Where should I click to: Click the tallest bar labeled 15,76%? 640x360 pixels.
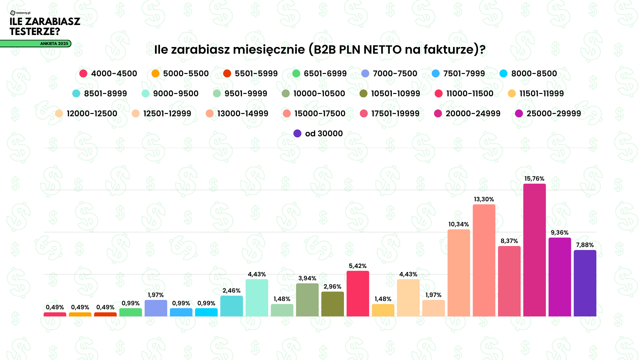(x=534, y=250)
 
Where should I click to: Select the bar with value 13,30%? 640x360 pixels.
(x=484, y=260)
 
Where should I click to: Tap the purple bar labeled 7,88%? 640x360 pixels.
(x=585, y=283)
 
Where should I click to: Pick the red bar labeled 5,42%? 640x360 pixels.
(x=358, y=294)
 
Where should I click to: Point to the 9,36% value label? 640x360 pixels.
(x=560, y=233)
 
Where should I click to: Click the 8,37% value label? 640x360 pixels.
(x=509, y=241)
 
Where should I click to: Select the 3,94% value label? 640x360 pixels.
(x=307, y=278)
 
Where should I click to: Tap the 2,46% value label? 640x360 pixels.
(x=231, y=291)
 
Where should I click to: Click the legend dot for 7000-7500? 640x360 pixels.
(x=365, y=74)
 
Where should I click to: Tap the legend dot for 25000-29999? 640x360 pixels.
(x=519, y=114)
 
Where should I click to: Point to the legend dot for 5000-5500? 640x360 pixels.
(x=155, y=74)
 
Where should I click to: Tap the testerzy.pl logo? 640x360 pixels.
(x=20, y=13)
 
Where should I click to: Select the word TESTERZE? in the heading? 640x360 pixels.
(x=35, y=32)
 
